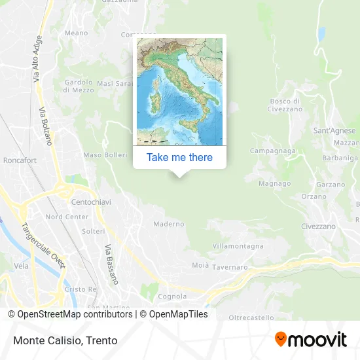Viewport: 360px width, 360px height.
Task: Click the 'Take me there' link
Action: point(179,157)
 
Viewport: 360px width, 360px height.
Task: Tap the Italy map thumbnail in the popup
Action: point(179,92)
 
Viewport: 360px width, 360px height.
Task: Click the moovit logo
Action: point(310,340)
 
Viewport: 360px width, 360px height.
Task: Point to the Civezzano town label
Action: point(319,226)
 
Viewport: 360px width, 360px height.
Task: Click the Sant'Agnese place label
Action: point(334,130)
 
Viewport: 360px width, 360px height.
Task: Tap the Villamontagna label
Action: point(238,246)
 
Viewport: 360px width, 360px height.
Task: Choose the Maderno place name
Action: point(169,224)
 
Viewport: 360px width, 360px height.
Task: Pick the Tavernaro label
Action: point(230,267)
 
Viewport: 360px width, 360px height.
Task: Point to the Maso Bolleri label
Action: point(105,155)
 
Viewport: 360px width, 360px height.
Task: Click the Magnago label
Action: point(274,184)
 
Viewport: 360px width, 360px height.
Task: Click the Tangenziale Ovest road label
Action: point(43,244)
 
